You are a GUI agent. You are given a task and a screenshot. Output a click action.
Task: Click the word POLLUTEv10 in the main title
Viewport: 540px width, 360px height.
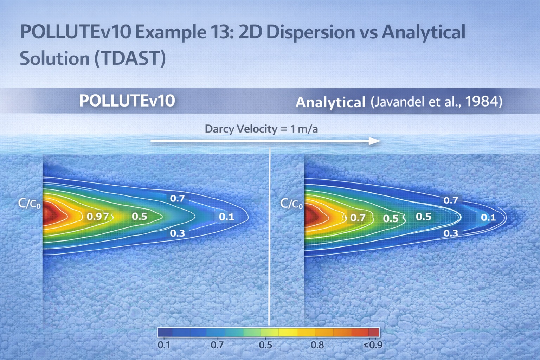tap(75, 32)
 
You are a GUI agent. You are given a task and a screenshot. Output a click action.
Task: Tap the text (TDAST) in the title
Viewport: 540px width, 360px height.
tap(130, 58)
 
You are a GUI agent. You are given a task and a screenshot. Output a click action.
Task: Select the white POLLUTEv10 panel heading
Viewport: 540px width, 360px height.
tap(127, 101)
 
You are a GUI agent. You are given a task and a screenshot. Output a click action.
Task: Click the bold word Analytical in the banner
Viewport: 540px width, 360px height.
tap(330, 102)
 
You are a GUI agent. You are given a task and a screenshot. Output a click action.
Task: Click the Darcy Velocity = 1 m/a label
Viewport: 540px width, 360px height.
tap(261, 129)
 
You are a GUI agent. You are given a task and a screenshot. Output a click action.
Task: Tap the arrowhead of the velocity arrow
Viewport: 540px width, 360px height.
tap(375, 141)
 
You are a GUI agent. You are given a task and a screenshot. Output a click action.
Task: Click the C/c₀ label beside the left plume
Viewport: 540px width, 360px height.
tap(29, 204)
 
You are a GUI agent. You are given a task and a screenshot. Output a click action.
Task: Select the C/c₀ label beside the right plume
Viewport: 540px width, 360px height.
tap(291, 204)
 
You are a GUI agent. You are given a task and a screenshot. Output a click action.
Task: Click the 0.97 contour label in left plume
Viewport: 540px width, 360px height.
tap(98, 216)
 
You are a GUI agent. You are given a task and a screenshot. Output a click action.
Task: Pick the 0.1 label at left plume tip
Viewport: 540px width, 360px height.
tap(226, 217)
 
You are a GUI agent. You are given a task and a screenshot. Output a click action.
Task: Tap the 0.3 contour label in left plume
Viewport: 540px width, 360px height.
tap(177, 233)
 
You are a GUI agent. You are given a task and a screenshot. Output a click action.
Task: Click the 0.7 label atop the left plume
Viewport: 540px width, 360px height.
tap(177, 199)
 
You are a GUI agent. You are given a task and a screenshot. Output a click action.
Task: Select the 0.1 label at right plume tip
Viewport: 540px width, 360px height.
tap(488, 218)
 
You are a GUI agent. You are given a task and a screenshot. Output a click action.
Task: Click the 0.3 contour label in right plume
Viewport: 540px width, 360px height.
tap(450, 233)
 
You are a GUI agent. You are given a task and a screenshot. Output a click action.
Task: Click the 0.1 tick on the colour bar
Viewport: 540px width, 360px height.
tap(164, 345)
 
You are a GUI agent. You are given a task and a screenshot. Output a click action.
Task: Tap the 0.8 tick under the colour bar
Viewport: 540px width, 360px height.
tap(317, 345)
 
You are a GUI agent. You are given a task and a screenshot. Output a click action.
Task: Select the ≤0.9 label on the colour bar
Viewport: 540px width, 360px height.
tap(373, 345)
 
